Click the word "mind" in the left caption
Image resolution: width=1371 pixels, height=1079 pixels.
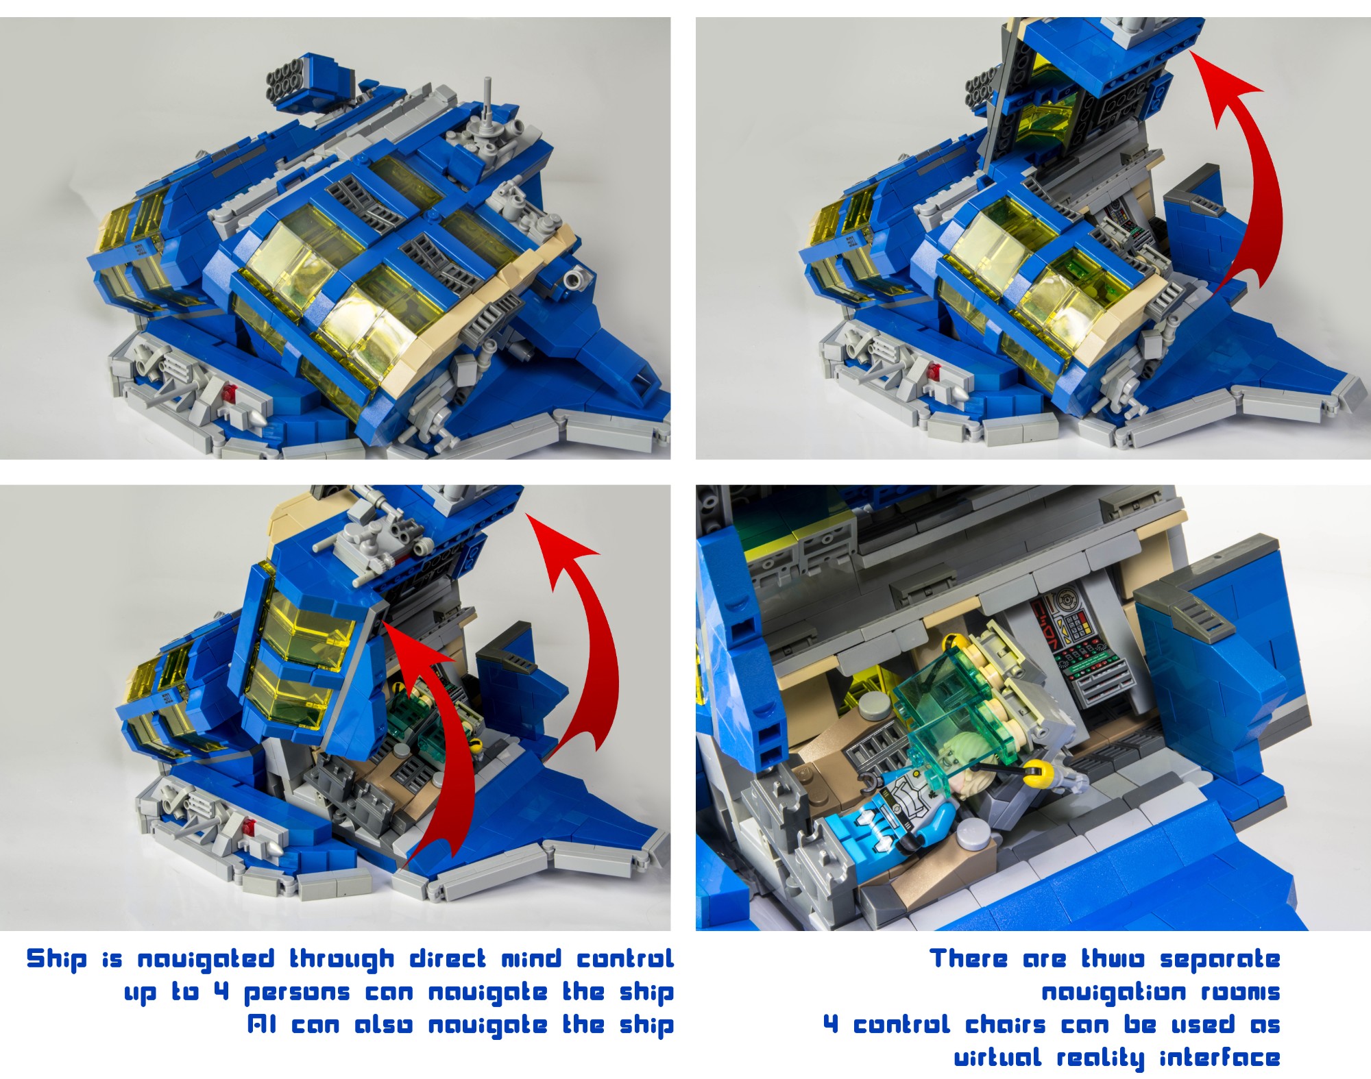coord(530,958)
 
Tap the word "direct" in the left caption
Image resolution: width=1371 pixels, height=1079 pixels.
coord(448,958)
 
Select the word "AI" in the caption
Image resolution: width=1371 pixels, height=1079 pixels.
coord(262,1025)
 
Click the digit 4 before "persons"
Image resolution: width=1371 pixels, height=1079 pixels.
coord(221,991)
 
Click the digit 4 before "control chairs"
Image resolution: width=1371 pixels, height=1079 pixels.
coord(830,1024)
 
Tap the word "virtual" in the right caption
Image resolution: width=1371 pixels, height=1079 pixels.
coord(997,1058)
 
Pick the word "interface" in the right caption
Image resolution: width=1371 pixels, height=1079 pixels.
coord(1220,1058)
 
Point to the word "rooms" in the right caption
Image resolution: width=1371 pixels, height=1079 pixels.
coord(1240,992)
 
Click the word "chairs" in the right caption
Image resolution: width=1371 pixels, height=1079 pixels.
coord(1006,1024)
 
